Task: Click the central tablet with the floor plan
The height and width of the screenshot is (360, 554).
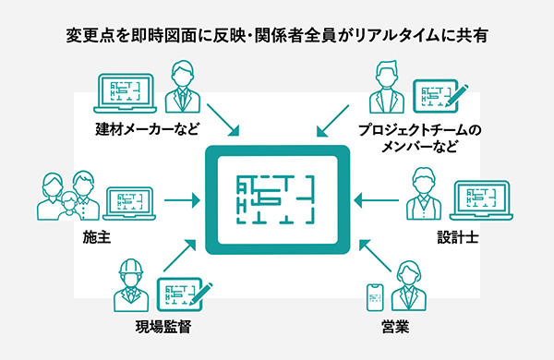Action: coord(277,198)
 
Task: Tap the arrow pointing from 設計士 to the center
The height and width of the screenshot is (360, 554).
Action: coord(375,198)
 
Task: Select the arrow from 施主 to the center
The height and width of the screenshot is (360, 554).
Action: coord(181,198)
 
